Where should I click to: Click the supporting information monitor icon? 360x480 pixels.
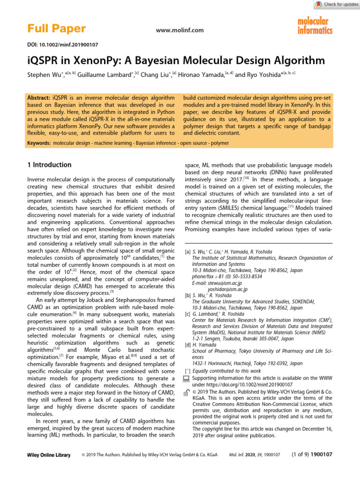coord(186,378)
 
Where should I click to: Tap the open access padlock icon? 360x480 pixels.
coord(186,393)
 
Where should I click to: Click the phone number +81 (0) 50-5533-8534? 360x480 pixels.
coord(226,277)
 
